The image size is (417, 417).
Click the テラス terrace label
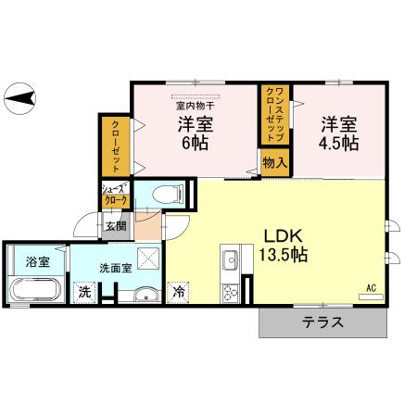[322, 323]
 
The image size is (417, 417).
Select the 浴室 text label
[37, 261]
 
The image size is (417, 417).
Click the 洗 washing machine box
[84, 292]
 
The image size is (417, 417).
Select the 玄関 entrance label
[115, 225]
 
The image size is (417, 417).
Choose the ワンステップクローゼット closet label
[275, 111]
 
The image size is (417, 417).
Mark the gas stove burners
[230, 291]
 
